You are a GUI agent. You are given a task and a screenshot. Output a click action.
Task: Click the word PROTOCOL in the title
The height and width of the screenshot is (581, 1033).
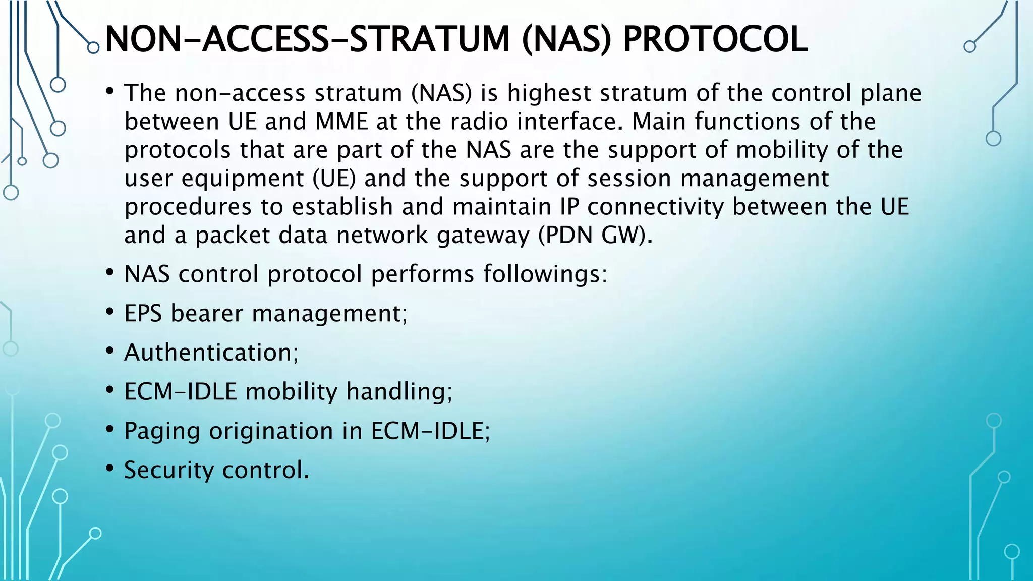tap(715, 39)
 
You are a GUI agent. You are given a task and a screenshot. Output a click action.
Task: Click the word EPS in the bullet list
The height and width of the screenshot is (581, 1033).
tap(143, 314)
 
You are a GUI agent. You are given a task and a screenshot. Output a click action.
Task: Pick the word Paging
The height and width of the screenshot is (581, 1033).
tap(162, 432)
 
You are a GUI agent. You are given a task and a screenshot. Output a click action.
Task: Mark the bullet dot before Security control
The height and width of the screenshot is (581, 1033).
tap(110, 468)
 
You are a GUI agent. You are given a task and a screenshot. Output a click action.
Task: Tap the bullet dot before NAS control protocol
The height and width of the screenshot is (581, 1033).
tap(110, 272)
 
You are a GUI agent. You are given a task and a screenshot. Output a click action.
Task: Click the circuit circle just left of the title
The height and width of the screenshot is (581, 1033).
tap(93, 48)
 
